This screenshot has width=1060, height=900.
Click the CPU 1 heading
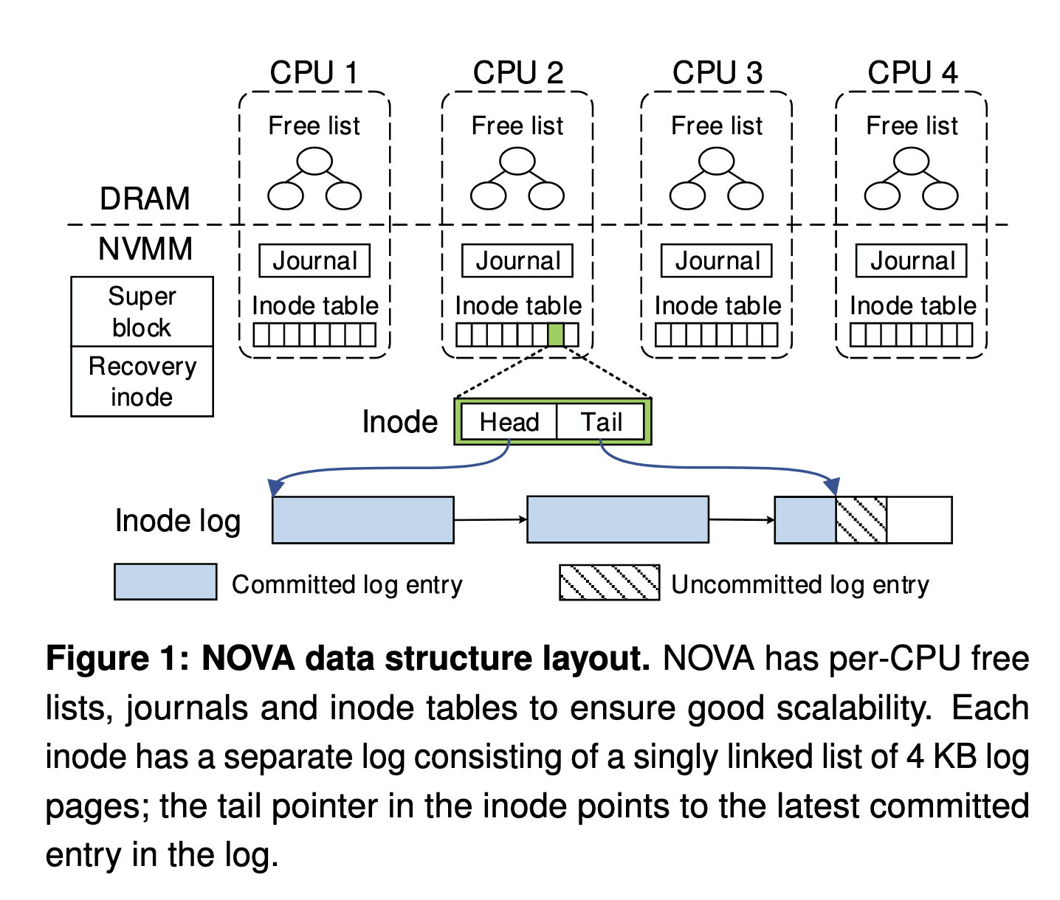(314, 73)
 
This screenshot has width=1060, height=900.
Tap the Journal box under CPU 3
(716, 261)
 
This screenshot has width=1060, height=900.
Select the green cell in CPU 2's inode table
(556, 335)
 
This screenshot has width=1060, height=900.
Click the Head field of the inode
(509, 422)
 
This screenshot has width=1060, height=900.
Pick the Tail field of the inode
(601, 422)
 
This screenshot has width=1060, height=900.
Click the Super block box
(142, 311)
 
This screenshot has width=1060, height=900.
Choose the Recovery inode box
(142, 381)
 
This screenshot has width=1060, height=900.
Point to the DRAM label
(145, 199)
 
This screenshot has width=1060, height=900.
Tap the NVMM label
(145, 249)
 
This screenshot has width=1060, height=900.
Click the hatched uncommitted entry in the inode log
(861, 520)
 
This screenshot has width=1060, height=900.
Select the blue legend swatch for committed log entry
(165, 582)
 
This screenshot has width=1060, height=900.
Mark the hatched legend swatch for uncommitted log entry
(609, 583)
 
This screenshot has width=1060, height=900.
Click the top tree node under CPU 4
(911, 161)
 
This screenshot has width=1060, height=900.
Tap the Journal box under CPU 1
(314, 261)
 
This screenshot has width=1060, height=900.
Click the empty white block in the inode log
(919, 520)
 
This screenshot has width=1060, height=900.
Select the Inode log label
(178, 521)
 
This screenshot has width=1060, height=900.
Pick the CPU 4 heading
(912, 73)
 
